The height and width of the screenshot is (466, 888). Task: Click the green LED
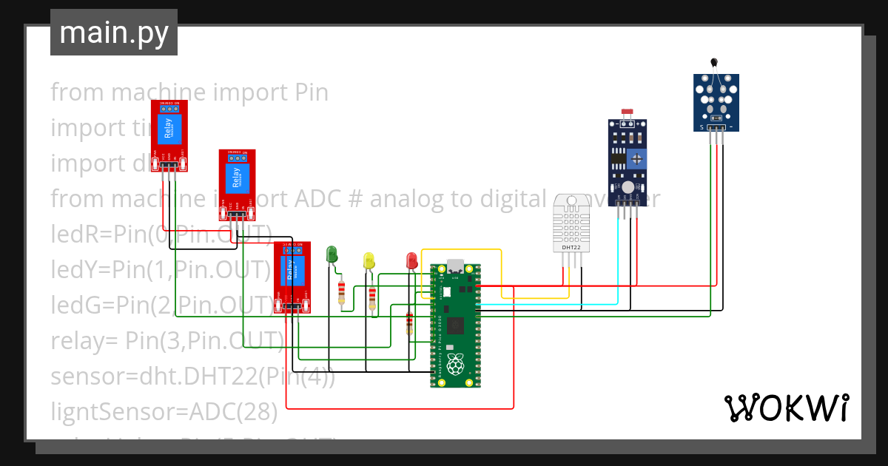click(332, 254)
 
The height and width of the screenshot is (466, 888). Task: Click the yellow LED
click(369, 260)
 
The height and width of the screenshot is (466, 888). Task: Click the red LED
click(412, 260)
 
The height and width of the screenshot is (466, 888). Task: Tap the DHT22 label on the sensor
click(571, 248)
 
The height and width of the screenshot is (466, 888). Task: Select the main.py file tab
click(113, 33)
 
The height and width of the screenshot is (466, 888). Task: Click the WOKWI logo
click(786, 408)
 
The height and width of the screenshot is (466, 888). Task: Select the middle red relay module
click(237, 184)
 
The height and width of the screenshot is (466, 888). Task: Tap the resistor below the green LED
click(341, 293)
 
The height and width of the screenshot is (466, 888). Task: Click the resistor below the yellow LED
click(373, 298)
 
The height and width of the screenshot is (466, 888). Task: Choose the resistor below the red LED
click(409, 323)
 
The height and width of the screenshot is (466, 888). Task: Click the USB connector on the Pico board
click(456, 266)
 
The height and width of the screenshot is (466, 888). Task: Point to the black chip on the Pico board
click(457, 324)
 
